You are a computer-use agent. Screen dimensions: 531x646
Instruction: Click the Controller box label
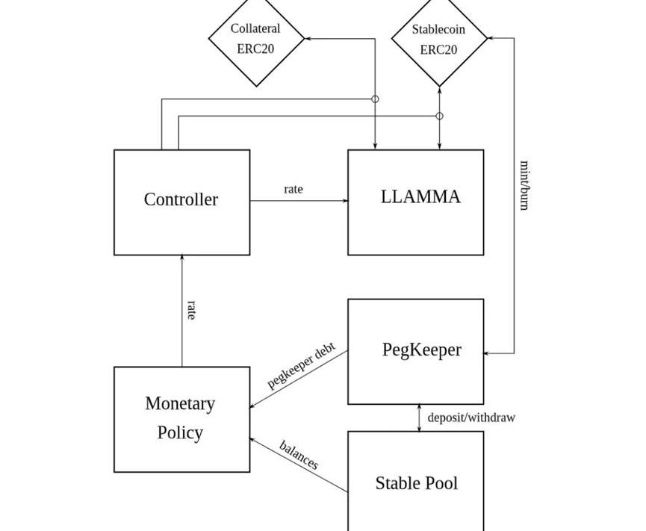(181, 199)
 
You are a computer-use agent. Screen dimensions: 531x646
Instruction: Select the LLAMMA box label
(420, 196)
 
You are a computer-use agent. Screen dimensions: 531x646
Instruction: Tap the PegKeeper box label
(421, 350)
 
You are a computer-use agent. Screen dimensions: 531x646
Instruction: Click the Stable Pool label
(416, 483)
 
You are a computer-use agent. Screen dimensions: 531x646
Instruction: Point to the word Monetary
(180, 403)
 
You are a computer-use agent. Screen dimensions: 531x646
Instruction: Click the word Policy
(180, 432)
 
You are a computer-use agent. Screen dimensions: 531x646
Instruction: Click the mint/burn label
(524, 185)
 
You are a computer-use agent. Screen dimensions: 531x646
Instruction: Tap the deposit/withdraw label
(471, 417)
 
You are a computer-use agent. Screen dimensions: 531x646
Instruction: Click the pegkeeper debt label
(302, 366)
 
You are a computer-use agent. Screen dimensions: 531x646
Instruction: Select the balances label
(299, 455)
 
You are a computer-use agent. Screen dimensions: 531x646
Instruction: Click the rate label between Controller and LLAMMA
(294, 190)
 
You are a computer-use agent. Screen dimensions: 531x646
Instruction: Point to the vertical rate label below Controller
(191, 310)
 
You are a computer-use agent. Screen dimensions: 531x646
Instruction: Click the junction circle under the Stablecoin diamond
(439, 116)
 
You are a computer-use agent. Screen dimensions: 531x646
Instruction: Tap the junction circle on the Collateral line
(375, 99)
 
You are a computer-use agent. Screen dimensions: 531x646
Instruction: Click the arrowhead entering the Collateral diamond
(308, 38)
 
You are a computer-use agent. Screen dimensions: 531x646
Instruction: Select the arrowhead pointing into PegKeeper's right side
(488, 353)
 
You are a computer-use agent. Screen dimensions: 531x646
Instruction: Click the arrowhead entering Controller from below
(182, 259)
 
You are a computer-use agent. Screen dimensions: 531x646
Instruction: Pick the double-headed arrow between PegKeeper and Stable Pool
(419, 418)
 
